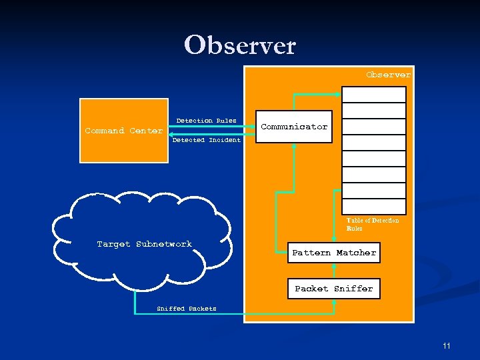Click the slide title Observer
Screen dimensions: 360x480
pyautogui.click(x=240, y=45)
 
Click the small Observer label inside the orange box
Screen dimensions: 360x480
pyautogui.click(x=388, y=75)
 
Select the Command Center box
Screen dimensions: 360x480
pyautogui.click(x=124, y=131)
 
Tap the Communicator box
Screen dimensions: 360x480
pyautogui.click(x=294, y=127)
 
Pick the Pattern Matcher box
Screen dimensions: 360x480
pyautogui.click(x=334, y=253)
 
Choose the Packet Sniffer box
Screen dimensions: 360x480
pyautogui.click(x=334, y=289)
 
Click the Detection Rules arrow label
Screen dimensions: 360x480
pyautogui.click(x=206, y=121)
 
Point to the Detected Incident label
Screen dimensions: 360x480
pyautogui.click(x=206, y=140)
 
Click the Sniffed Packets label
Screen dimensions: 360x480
pyautogui.click(x=187, y=309)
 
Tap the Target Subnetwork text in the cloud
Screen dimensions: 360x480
pyautogui.click(x=144, y=244)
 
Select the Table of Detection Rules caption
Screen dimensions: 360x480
pyautogui.click(x=373, y=224)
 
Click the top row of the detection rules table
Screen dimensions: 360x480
pyautogui.click(x=374, y=95)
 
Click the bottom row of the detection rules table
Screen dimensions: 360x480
pyautogui.click(x=374, y=206)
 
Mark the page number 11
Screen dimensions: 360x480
pyautogui.click(x=446, y=345)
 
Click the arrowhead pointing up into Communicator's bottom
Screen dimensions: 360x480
pyautogui.click(x=294, y=147)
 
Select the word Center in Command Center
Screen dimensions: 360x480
pyautogui.click(x=146, y=131)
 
